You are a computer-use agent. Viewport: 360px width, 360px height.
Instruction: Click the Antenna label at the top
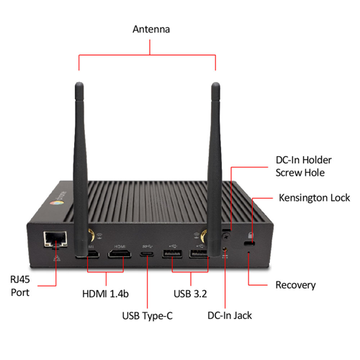coord(150,30)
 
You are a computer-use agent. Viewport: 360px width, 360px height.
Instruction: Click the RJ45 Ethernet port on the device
coord(55,238)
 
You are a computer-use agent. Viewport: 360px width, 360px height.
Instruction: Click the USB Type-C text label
coord(148,315)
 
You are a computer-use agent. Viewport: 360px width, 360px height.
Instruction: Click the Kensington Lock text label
coord(314,197)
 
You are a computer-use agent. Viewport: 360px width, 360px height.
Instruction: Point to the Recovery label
coord(295,285)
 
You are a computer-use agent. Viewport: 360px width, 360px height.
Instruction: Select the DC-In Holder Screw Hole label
coord(300,166)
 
